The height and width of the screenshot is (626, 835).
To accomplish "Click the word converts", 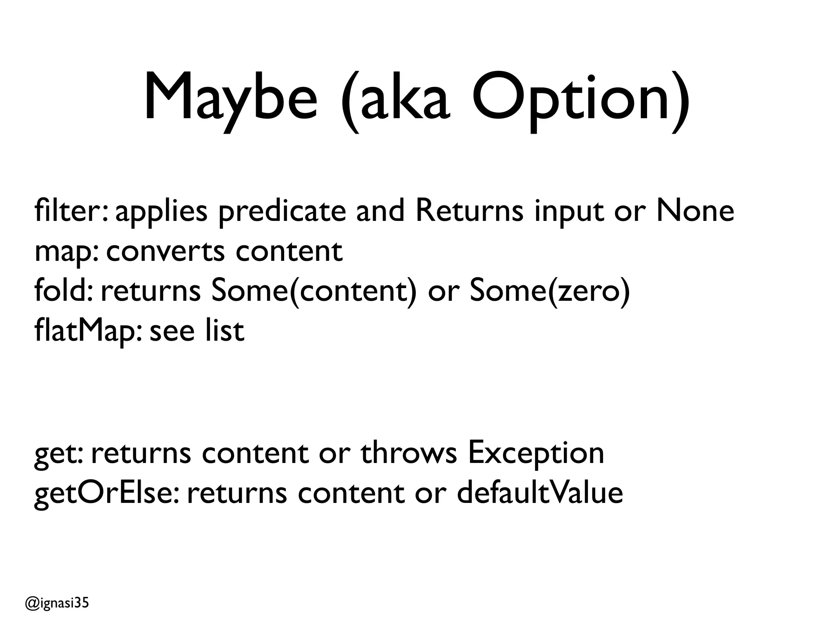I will tap(166, 252).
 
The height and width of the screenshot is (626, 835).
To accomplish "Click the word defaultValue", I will tap(540, 492).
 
